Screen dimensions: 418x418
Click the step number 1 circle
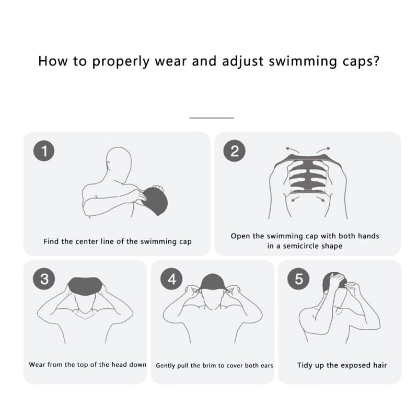[44, 152]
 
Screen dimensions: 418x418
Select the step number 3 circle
[44, 279]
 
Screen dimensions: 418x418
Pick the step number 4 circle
[172, 279]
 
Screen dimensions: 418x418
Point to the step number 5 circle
[299, 279]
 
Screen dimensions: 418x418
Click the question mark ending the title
[376, 61]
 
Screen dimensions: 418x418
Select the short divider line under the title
[211, 118]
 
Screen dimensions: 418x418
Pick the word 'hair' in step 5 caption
[379, 365]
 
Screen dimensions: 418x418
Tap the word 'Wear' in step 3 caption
[37, 364]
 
